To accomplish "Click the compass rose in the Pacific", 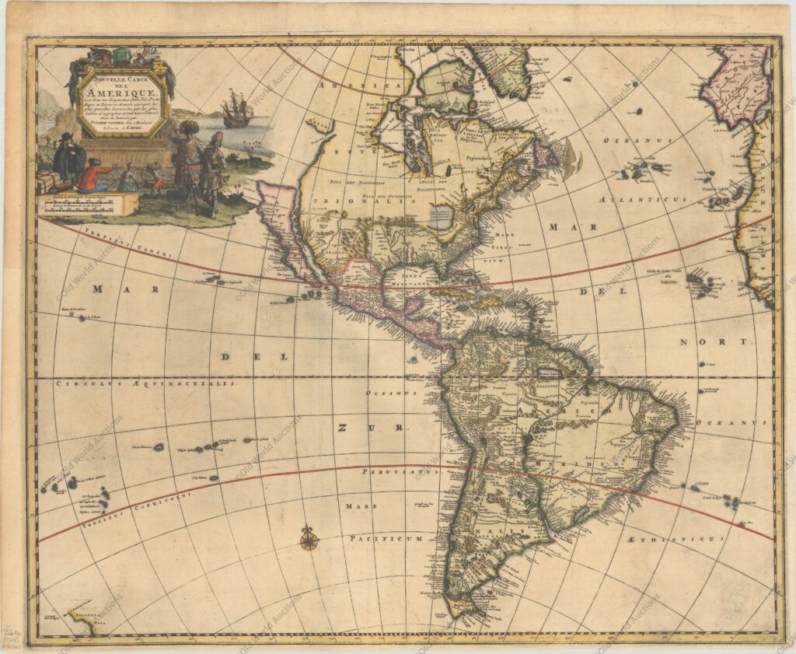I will pos(309,537).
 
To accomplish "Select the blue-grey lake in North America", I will pos(440,217).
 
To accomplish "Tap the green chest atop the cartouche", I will pos(123,56).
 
